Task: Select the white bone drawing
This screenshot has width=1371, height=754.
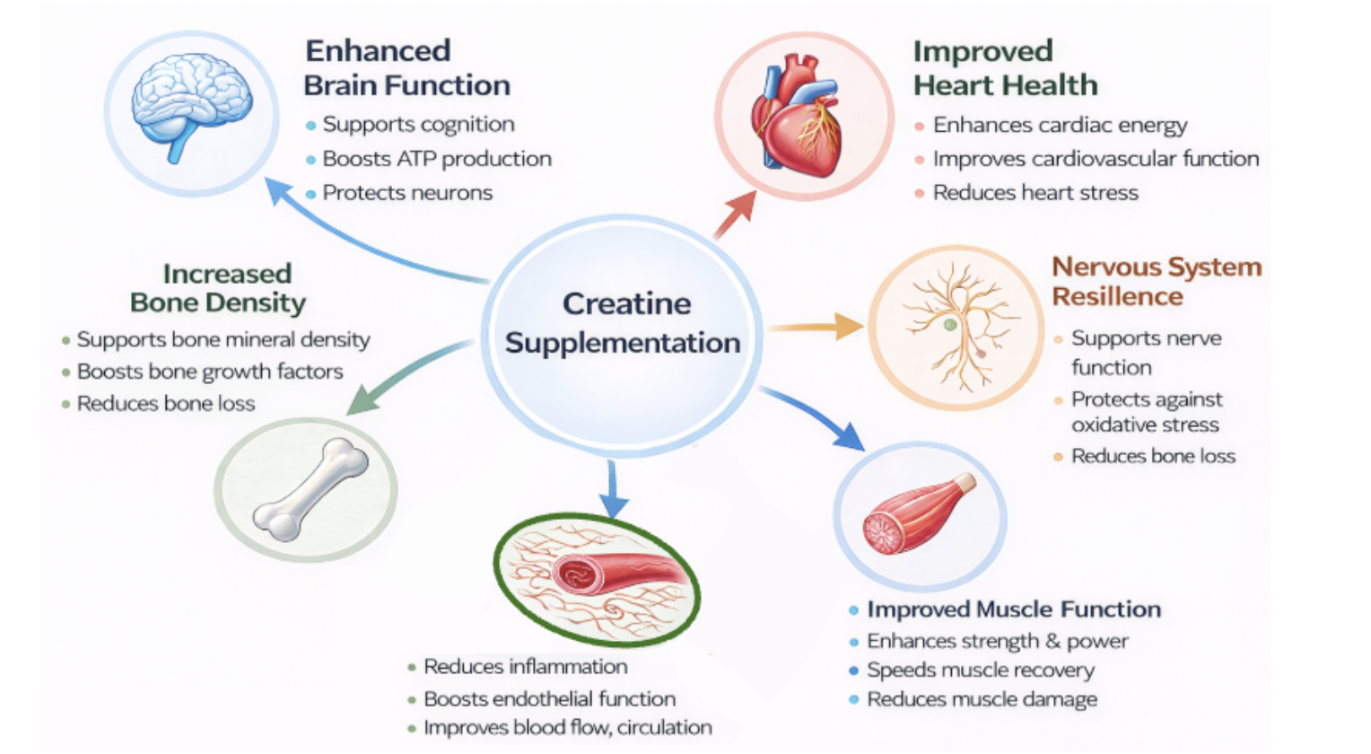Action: [x=310, y=489]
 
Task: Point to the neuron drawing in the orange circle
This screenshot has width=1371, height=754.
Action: [x=958, y=327]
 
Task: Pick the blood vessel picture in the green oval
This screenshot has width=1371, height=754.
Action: [x=598, y=577]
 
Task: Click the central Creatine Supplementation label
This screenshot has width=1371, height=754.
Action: [x=624, y=323]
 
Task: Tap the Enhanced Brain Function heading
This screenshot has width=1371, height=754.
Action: [x=406, y=68]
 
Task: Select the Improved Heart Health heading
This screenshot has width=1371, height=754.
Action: [x=1005, y=68]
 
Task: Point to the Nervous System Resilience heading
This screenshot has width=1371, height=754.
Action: [x=1156, y=281]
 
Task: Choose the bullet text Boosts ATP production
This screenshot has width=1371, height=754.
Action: [x=437, y=159]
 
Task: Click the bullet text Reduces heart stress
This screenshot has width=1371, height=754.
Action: [x=1035, y=193]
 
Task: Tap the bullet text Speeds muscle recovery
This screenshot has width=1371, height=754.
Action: [x=980, y=671]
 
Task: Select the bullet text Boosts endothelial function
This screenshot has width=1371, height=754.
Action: [x=549, y=699]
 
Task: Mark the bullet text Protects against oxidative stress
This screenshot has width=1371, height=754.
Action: [x=1146, y=412]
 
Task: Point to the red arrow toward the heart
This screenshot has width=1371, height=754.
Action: [x=735, y=215]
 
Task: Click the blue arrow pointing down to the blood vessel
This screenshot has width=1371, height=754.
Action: [x=613, y=489]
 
